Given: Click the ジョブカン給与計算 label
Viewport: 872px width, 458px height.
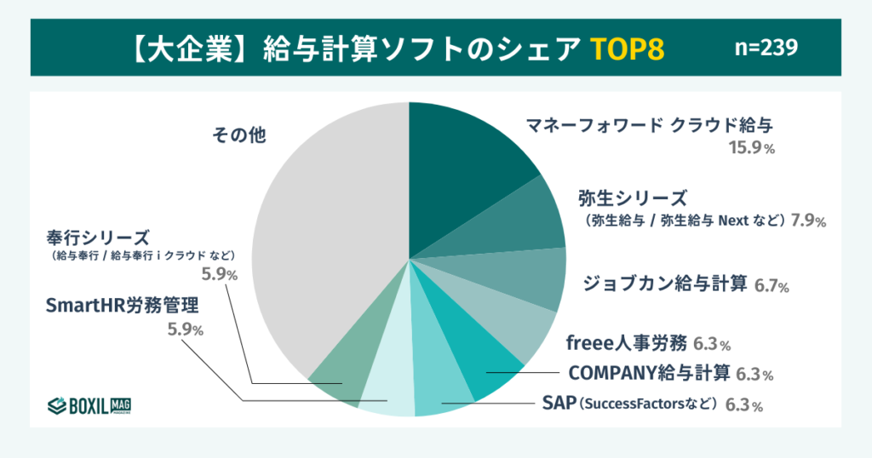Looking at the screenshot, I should pos(665,282).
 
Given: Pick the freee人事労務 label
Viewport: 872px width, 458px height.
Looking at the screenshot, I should pos(626,343).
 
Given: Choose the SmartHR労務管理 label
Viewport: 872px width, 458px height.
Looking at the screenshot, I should pos(123,304).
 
